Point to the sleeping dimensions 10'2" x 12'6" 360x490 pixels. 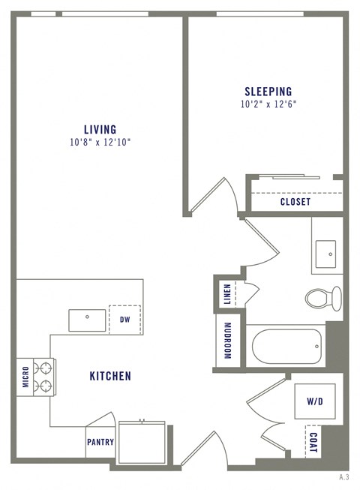(268, 104)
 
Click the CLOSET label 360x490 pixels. (295, 202)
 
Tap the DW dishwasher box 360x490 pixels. (125, 319)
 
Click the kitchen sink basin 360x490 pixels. (87, 319)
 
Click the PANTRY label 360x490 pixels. (100, 442)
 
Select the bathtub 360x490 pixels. (287, 347)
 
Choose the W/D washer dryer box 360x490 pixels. (314, 401)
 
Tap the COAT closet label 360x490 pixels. (313, 442)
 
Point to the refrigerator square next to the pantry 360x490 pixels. (141, 443)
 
